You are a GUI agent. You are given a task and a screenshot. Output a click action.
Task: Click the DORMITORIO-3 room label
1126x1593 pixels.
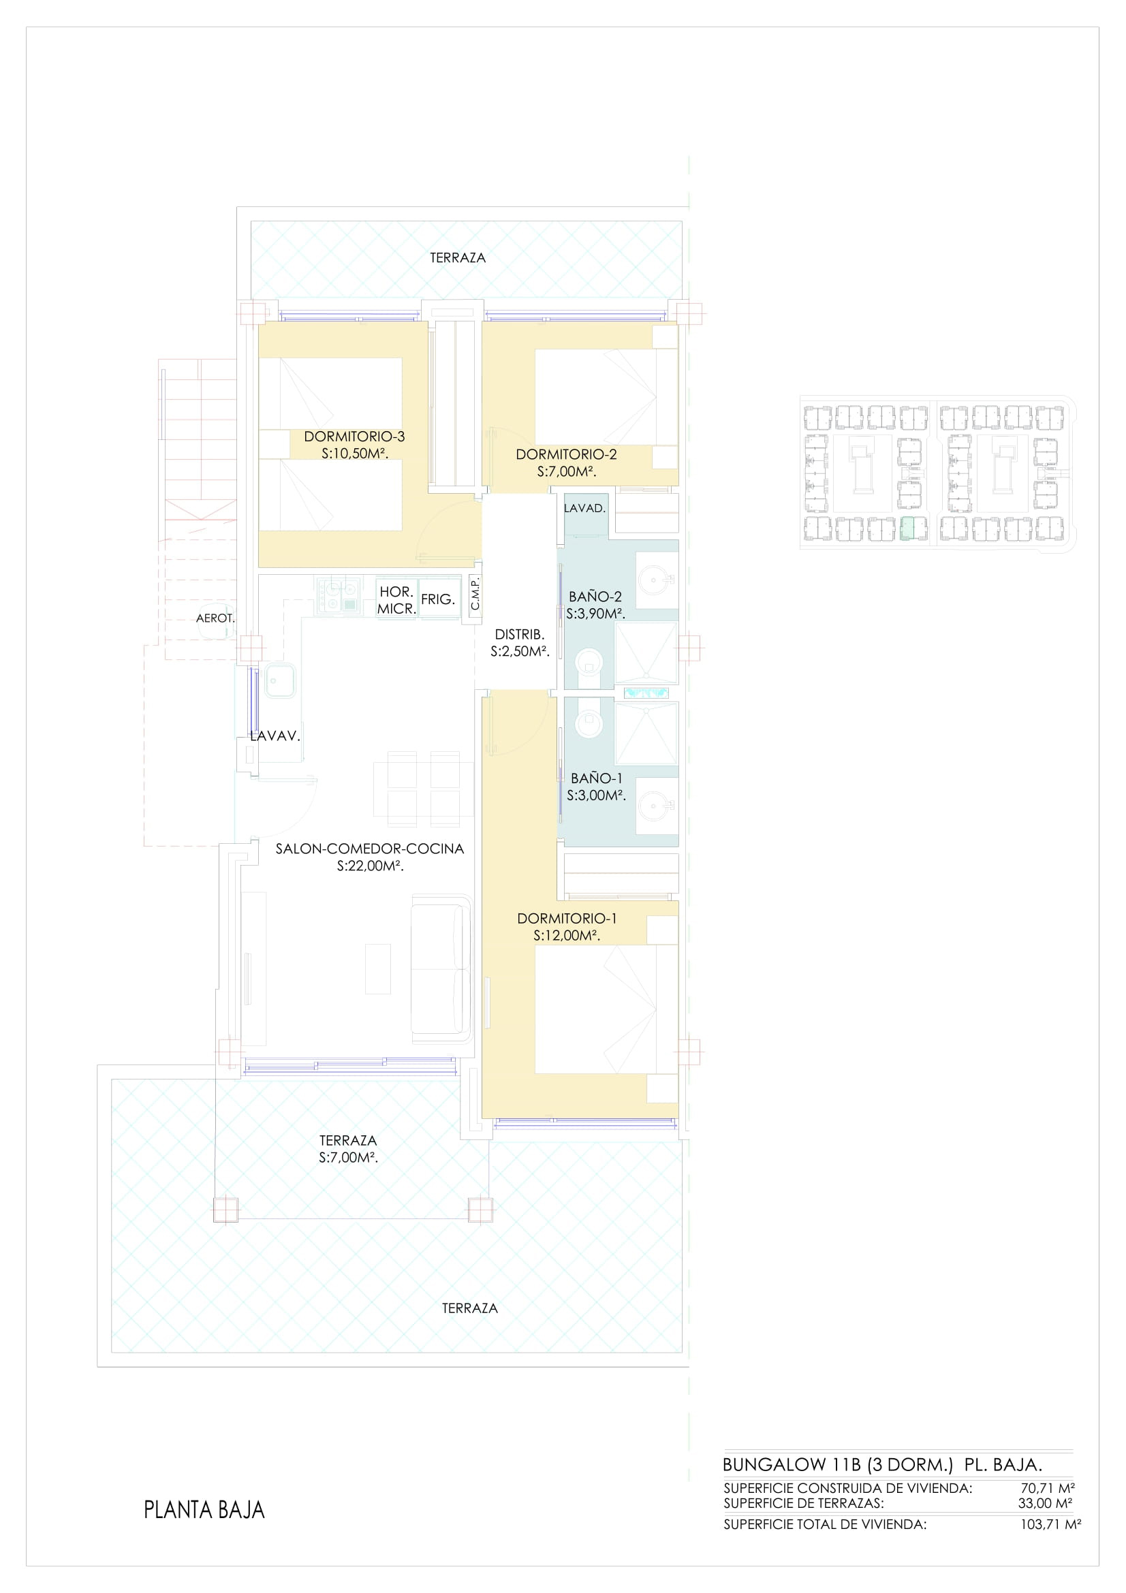coord(354,437)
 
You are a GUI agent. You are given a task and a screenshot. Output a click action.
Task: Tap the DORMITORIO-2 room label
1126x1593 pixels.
coord(566,454)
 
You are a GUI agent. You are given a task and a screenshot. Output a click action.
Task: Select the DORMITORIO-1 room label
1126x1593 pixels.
coord(567,918)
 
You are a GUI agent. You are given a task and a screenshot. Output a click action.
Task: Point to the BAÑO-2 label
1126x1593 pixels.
coord(595,596)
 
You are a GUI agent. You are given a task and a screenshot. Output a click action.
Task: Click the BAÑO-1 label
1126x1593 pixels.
coord(597,778)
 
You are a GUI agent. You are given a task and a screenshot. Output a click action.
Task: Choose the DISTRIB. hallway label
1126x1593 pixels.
coord(520,634)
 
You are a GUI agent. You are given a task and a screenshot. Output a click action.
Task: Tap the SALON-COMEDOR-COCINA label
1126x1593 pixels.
coord(370,848)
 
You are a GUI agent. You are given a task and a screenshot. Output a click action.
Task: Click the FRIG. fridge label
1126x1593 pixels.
coord(438,599)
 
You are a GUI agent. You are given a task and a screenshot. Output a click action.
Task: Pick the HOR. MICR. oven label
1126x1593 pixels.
coord(397,600)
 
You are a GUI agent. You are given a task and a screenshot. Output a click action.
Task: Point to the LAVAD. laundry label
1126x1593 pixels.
coord(585,508)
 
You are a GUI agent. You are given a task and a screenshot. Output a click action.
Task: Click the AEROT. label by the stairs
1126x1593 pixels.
coord(216,618)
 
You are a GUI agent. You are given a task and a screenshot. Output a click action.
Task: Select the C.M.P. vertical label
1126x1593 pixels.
coord(475,595)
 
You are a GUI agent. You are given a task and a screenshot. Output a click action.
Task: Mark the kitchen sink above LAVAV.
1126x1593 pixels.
coord(278,680)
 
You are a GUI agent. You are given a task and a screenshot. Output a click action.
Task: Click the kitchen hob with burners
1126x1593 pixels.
coord(339,597)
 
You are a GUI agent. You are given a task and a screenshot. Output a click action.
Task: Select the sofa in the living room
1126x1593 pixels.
coord(441,968)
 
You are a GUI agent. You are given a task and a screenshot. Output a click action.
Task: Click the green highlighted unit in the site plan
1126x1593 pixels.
coord(913,529)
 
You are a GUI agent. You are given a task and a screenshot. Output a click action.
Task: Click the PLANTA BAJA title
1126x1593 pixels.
coord(204,1510)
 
